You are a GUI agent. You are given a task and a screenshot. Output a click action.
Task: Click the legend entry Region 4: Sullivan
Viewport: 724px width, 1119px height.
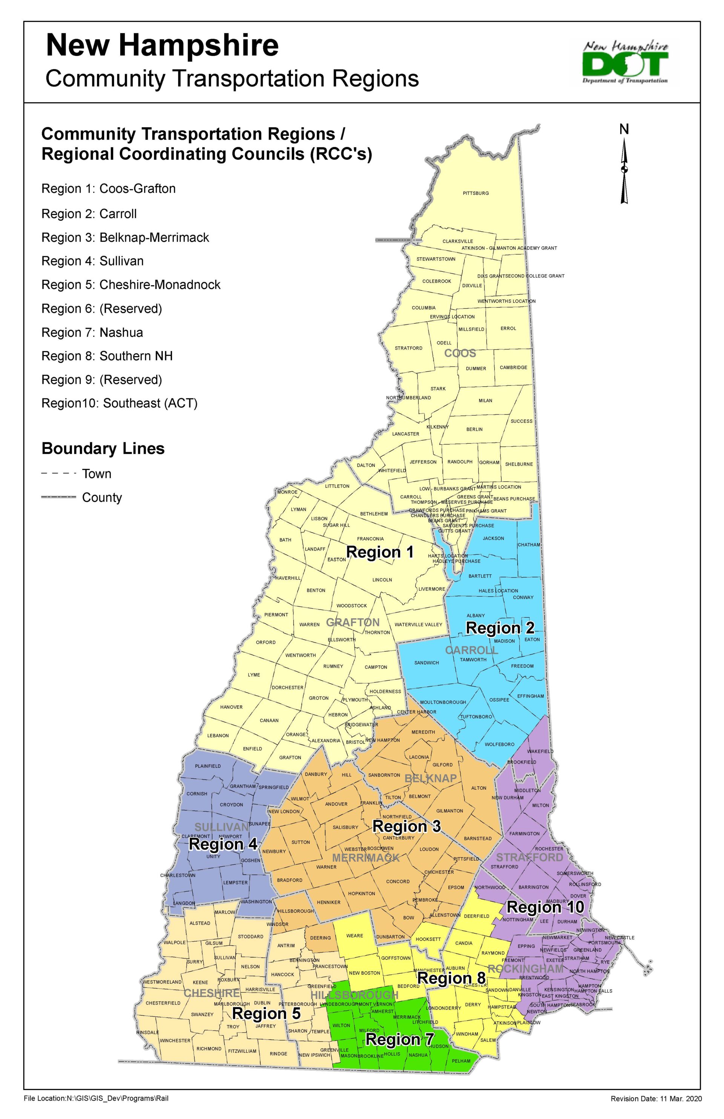pyautogui.click(x=93, y=261)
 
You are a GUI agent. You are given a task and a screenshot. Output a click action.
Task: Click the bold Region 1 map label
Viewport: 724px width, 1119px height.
pyautogui.click(x=380, y=552)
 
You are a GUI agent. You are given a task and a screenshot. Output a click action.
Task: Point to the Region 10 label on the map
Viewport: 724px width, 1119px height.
pyautogui.click(x=545, y=907)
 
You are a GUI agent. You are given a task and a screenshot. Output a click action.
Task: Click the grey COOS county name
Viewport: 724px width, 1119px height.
pyautogui.click(x=460, y=353)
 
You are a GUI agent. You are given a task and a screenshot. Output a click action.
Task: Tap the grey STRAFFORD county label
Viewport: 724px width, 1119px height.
pyautogui.click(x=529, y=857)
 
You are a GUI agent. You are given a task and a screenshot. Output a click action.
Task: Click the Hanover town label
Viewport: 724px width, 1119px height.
pyautogui.click(x=231, y=707)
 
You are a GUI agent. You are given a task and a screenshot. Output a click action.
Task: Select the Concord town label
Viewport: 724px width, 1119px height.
pyautogui.click(x=398, y=881)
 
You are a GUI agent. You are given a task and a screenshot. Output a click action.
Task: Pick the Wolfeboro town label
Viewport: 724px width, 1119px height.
pyautogui.click(x=499, y=744)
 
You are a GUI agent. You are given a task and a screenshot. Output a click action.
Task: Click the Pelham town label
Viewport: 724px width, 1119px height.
pyautogui.click(x=461, y=1061)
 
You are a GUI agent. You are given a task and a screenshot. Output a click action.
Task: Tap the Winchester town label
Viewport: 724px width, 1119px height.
pyautogui.click(x=175, y=1041)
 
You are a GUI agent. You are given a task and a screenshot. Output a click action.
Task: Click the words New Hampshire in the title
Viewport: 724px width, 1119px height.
pyautogui.click(x=162, y=46)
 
